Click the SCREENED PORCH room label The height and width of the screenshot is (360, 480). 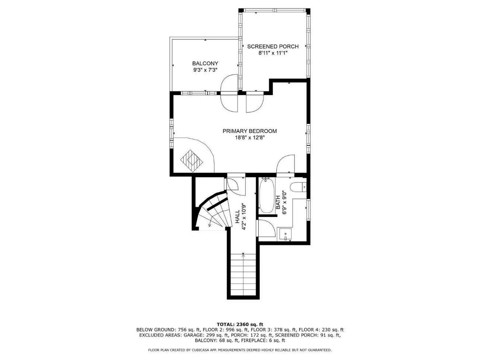click(273, 46)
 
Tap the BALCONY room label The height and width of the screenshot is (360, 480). click(205, 63)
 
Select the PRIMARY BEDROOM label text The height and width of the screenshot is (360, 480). click(249, 131)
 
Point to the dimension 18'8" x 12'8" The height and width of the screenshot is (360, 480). click(249, 138)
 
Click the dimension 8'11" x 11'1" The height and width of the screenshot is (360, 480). click(273, 53)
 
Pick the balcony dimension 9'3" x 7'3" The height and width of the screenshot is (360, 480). click(205, 70)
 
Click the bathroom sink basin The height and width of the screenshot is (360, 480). click(285, 234)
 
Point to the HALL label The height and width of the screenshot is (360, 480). click(238, 217)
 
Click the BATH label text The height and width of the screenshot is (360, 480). click(278, 202)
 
